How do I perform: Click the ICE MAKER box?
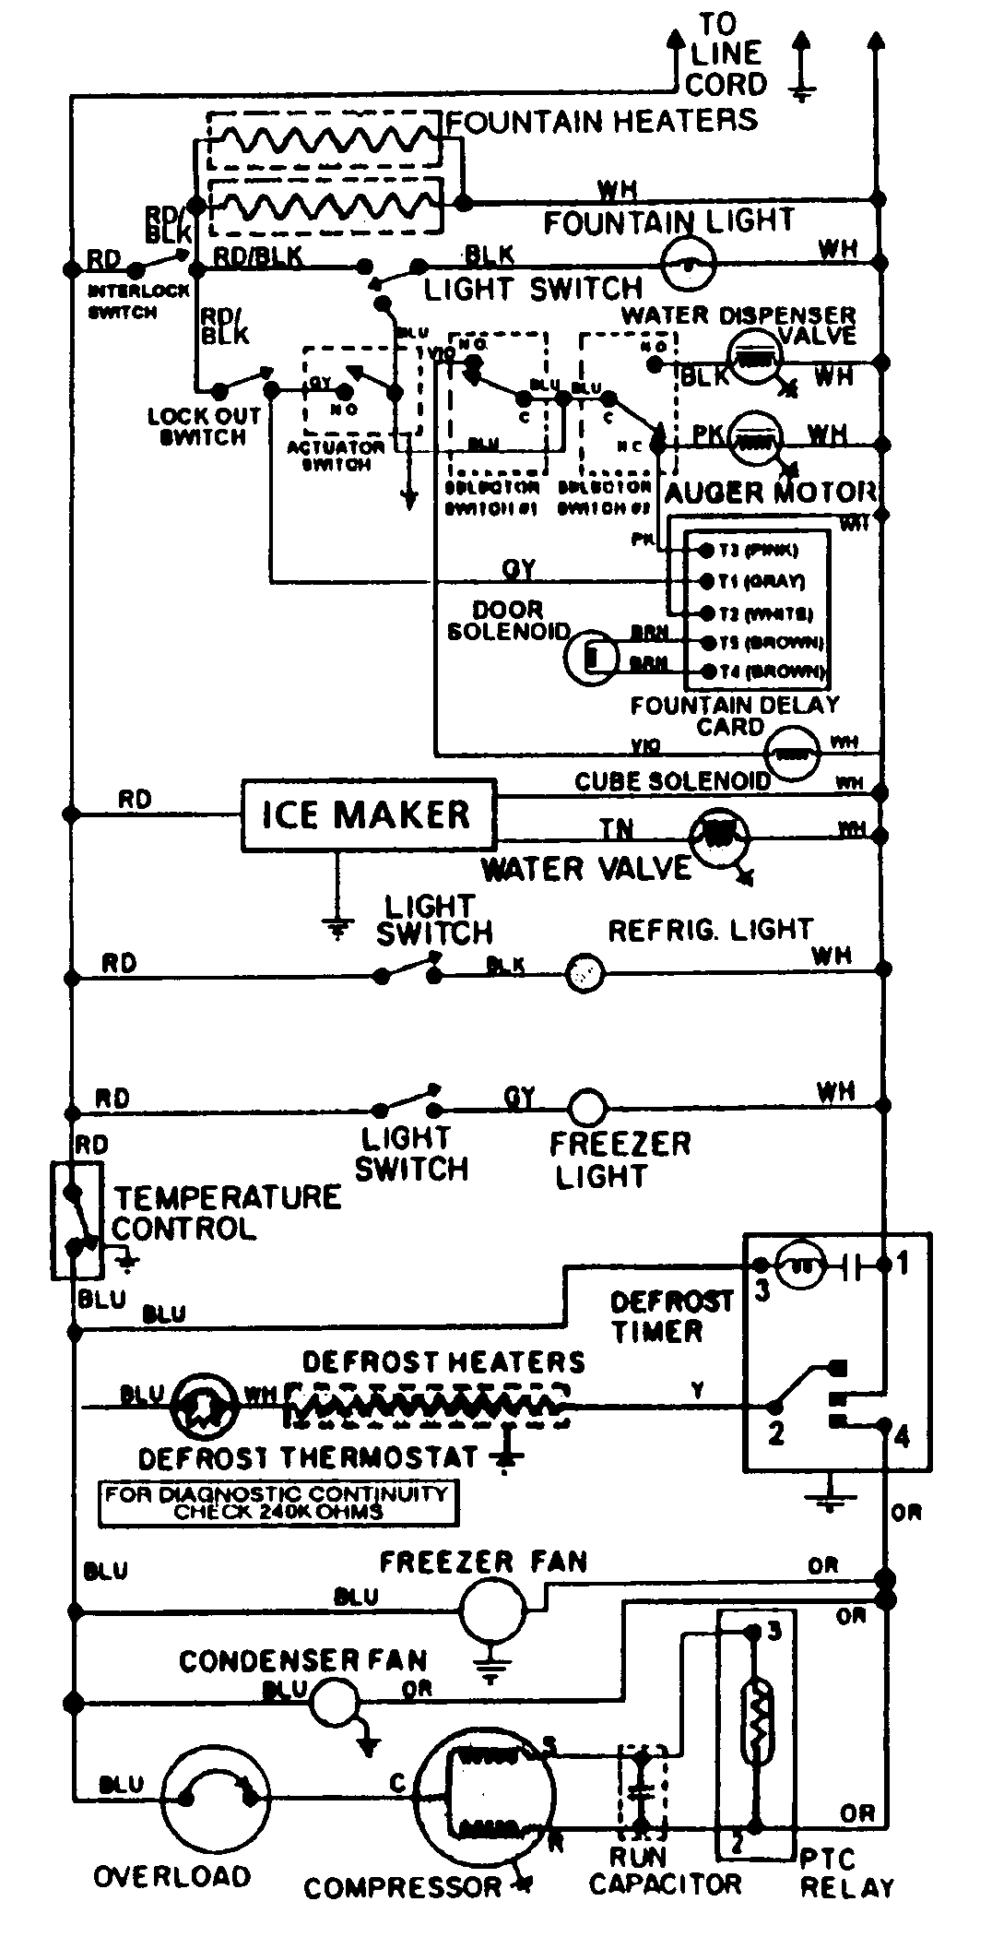pos(368,814)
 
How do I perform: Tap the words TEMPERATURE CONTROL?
pos(226,1213)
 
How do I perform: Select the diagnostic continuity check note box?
pos(278,1503)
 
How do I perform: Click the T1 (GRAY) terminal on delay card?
pos(707,580)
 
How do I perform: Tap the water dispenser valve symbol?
pos(755,357)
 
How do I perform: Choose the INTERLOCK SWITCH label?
pos(137,301)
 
